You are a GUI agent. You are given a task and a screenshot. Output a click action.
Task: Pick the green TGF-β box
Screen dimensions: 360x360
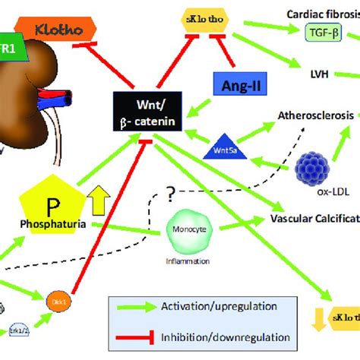[x=323, y=31]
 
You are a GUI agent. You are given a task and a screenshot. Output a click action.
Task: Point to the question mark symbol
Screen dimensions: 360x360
[x=172, y=196]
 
